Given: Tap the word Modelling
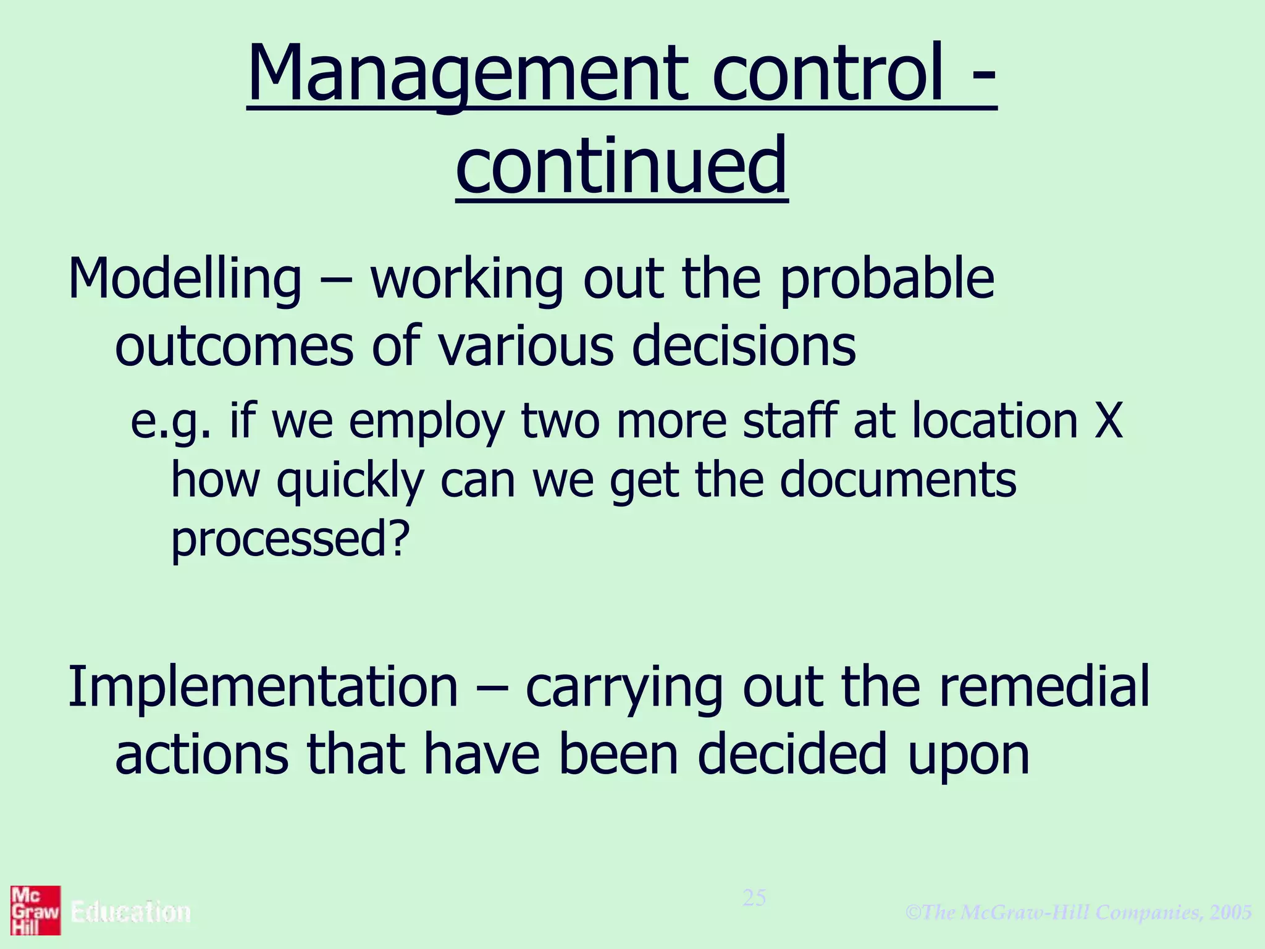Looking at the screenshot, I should click(185, 279).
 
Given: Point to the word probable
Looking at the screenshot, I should click(887, 279).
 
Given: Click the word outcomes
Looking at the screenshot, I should click(234, 346).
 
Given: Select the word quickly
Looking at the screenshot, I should click(350, 481).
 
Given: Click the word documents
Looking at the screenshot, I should click(897, 480).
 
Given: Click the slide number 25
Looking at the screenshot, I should click(754, 898).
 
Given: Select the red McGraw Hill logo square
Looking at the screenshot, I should click(35, 910).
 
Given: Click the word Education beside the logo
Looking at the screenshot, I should click(131, 912).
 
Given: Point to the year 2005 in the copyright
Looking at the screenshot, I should click(1231, 912).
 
